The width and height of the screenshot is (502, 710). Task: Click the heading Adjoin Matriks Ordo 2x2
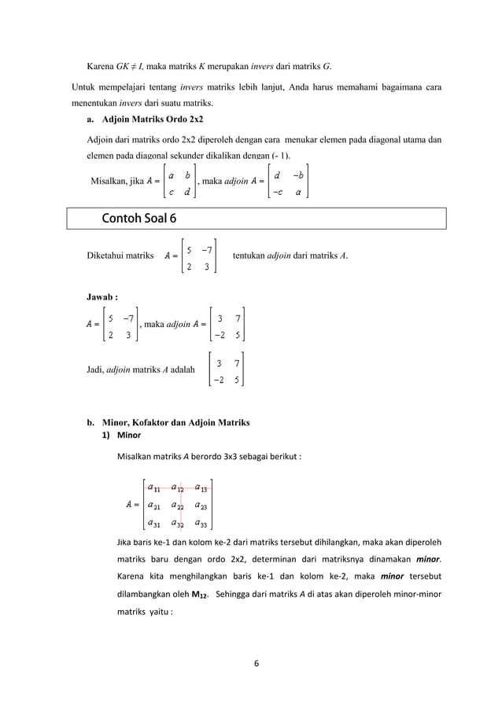(153, 120)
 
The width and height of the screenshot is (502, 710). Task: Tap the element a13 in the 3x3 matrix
(202, 487)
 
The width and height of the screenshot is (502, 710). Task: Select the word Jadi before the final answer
(94, 367)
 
